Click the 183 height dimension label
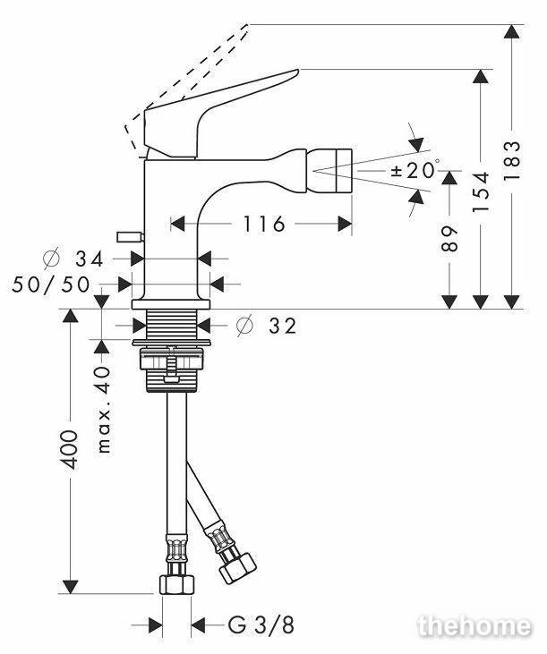(x=512, y=160)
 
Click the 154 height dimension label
(x=481, y=191)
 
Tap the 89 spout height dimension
(x=449, y=239)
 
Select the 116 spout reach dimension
(x=264, y=224)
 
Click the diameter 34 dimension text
(x=73, y=259)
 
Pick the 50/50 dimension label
(x=51, y=285)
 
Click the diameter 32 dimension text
(x=266, y=326)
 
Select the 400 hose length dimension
(x=69, y=450)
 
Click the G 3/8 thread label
(x=261, y=624)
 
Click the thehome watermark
(x=474, y=626)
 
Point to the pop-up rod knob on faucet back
(x=131, y=237)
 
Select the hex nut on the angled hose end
(x=237, y=568)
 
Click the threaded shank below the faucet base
(x=172, y=325)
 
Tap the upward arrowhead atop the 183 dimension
(x=512, y=31)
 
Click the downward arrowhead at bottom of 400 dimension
(x=70, y=586)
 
